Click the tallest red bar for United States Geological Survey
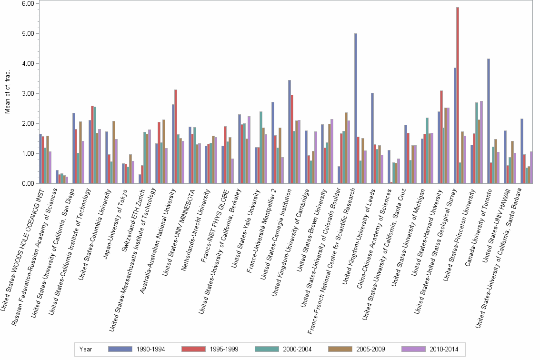point(458,95)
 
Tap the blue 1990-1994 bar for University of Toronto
point(489,121)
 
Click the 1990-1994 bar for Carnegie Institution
point(290,132)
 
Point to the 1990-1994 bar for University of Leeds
point(372,138)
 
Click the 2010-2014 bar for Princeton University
point(481,142)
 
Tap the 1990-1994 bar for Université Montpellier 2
point(273,143)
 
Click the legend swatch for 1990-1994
point(120,349)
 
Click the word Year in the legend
point(86,350)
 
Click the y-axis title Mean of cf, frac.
point(7,93)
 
